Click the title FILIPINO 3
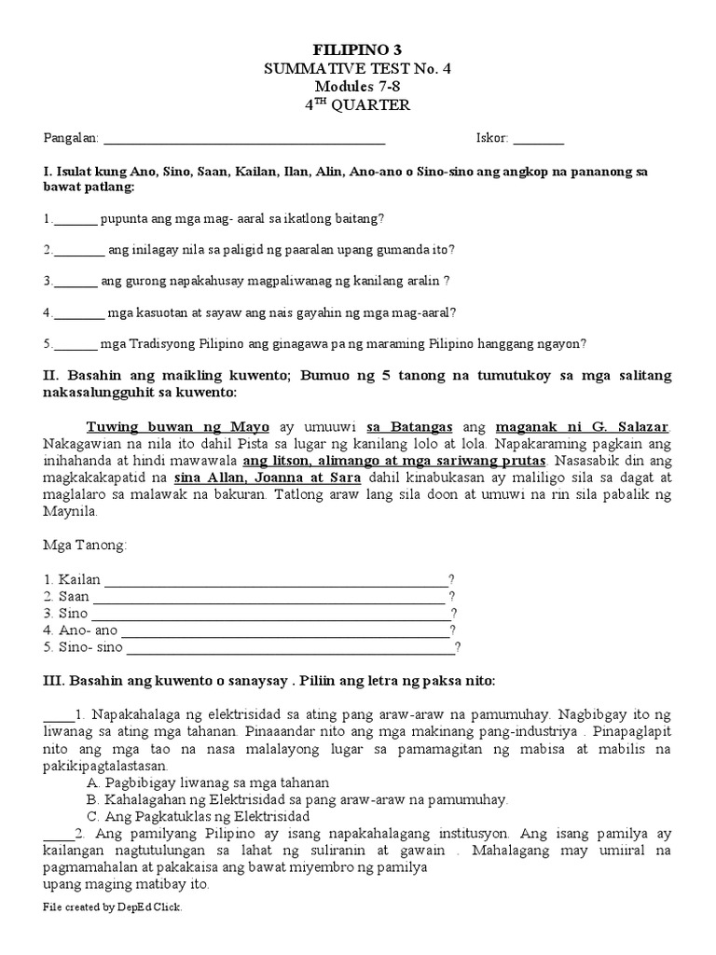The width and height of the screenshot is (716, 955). pos(358,48)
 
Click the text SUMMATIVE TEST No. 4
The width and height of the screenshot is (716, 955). pos(358,67)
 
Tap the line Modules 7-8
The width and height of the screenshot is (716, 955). pos(358,86)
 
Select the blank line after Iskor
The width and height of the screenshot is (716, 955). pos(538,140)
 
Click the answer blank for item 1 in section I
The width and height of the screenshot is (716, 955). pos(76,220)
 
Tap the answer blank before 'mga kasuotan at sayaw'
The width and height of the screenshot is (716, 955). pos(79,313)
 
